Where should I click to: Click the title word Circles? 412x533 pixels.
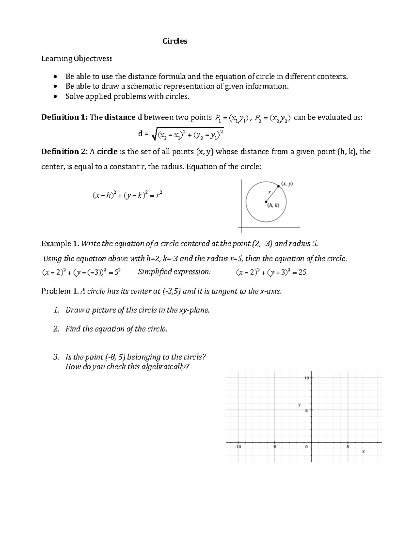[175, 41]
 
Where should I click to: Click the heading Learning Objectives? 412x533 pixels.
[76, 59]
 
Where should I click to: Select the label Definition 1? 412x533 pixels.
[64, 117]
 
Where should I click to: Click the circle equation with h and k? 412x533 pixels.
[127, 196]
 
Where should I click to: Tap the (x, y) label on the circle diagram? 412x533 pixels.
[287, 184]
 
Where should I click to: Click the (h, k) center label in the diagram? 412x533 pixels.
[273, 205]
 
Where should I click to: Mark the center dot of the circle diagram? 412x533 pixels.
[266, 201]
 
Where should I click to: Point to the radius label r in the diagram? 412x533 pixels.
[270, 192]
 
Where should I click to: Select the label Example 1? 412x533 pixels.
[60, 244]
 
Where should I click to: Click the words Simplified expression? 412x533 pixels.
[174, 272]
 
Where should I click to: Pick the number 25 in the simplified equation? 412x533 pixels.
[302, 273]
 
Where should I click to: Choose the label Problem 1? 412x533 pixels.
[60, 291]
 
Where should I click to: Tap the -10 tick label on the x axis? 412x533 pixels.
[238, 447]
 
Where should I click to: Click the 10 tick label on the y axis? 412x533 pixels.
[306, 378]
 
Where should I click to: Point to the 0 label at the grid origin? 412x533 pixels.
[306, 447]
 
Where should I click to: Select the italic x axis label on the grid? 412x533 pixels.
[363, 452]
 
